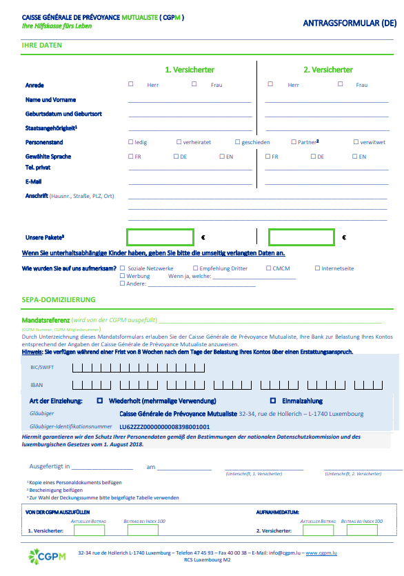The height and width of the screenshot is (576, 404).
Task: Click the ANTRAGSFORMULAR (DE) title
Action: tap(350, 23)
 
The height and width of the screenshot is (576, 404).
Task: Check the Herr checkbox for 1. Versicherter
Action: tap(131, 84)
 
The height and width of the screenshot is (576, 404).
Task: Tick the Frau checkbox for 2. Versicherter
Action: tap(341, 84)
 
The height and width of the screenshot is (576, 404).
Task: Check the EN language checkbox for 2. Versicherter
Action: tap(354, 156)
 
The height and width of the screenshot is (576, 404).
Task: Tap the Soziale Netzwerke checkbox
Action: tap(123, 268)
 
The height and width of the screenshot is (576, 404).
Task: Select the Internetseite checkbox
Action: tap(317, 268)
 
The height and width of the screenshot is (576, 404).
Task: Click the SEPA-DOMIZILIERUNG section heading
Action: tap(59, 299)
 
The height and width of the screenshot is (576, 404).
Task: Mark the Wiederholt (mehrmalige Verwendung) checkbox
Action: tap(100, 400)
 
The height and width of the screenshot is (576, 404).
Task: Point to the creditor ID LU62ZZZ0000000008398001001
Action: tap(165, 427)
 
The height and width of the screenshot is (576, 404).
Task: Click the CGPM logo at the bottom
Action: tap(46, 555)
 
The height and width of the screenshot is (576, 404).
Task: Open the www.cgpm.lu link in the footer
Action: tap(321, 553)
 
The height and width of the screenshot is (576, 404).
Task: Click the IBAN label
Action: tap(37, 385)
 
